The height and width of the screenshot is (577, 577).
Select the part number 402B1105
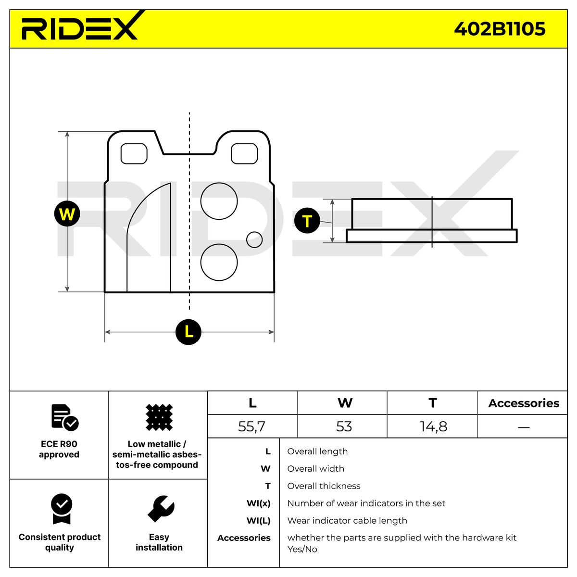[500, 29]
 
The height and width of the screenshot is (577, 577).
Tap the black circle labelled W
[67, 213]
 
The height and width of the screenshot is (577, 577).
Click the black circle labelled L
[188, 332]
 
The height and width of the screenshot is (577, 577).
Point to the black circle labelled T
[307, 221]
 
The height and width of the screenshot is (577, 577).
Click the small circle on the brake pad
[254, 239]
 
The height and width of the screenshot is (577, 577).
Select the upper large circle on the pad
[219, 201]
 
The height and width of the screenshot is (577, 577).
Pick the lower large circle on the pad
[219, 263]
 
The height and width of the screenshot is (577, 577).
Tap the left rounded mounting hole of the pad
[134, 153]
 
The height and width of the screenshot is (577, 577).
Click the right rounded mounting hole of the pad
[245, 153]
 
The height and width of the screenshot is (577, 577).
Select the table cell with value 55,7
[252, 426]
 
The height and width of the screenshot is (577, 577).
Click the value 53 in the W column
[344, 426]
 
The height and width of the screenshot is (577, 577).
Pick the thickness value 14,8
[433, 426]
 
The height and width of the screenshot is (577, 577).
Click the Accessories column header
[524, 403]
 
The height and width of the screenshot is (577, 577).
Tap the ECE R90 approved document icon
[64, 417]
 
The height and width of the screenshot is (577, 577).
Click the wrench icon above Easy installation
[160, 509]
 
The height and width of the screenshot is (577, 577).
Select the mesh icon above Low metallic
[159, 417]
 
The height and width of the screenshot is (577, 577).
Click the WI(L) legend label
[258, 521]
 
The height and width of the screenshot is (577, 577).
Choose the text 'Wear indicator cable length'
[347, 521]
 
